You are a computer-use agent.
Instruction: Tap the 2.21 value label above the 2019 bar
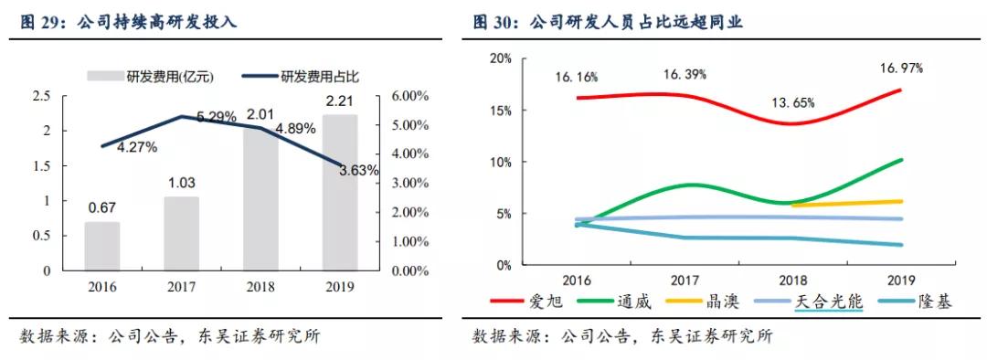point(339,101)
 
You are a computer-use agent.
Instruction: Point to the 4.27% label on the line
point(137,146)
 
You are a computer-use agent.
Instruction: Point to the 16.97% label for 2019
point(901,68)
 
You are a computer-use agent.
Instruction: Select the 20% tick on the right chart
point(501,58)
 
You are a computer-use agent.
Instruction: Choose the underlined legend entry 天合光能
point(829,301)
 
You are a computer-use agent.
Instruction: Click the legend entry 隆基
point(932,301)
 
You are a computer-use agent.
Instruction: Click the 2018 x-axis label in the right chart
point(793,281)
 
